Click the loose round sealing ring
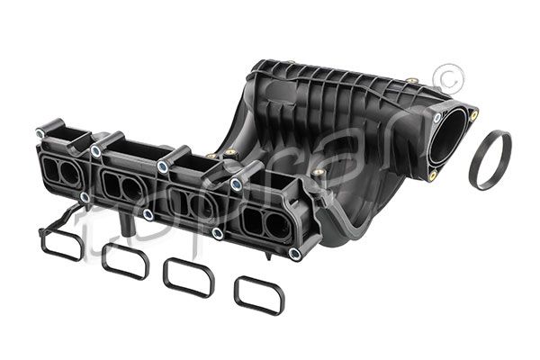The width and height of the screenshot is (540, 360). [490, 159]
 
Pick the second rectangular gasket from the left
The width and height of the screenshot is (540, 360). [125, 260]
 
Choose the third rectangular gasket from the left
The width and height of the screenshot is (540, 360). [189, 277]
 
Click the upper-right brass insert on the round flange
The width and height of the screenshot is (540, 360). [474, 114]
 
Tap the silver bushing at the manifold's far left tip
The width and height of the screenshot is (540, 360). [40, 133]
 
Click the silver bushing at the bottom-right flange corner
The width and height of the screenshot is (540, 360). [293, 253]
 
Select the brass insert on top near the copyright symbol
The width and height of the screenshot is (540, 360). [410, 81]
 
